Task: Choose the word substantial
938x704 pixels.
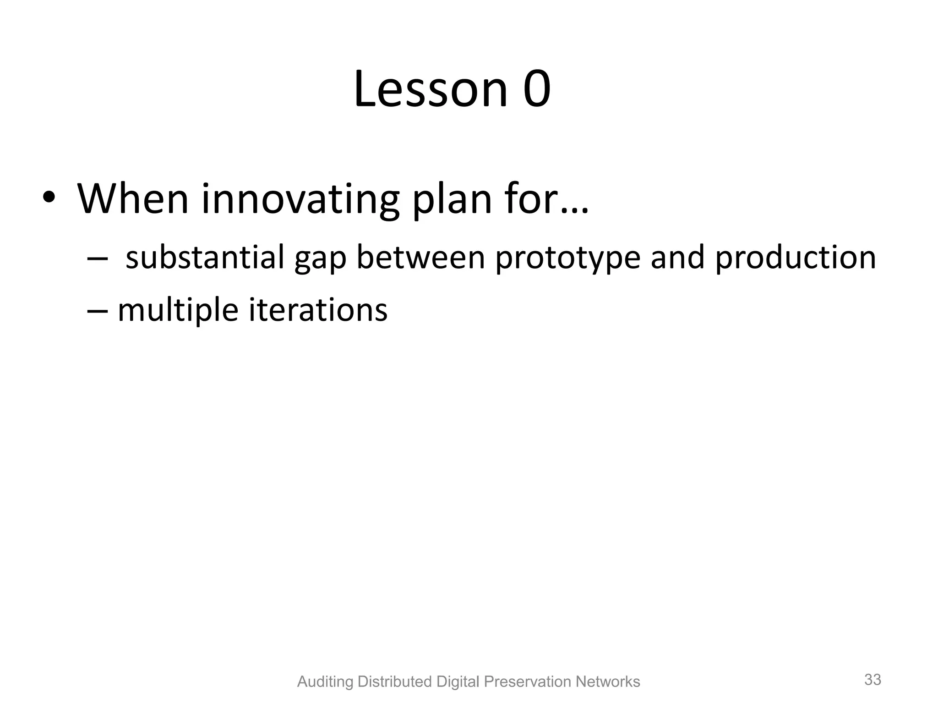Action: [205, 257]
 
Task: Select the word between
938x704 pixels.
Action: [420, 257]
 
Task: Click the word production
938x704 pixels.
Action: [795, 258]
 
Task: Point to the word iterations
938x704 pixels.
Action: [318, 310]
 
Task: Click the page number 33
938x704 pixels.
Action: [873, 679]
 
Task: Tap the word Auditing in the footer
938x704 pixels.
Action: [325, 682]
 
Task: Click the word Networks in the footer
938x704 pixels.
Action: [607, 682]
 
